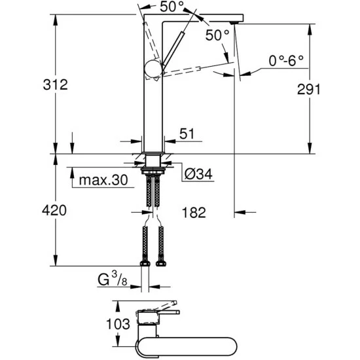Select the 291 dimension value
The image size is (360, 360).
coord(321,89)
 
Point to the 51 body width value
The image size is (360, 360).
coord(188,134)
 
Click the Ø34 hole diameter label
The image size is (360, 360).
coord(200,175)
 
